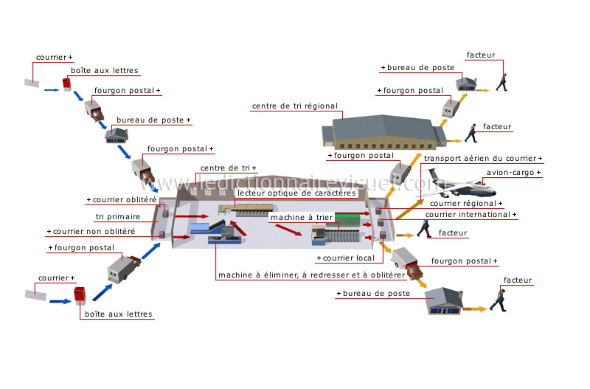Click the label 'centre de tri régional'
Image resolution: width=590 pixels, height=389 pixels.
pos(294,106)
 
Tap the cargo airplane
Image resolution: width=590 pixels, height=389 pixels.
pos(458,184)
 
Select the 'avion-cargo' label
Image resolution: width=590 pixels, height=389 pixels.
pos(510,173)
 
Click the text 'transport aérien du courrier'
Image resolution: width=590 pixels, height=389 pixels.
pos(480,159)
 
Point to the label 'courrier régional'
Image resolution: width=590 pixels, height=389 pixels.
pos(463,204)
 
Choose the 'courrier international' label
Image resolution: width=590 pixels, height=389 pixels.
pos(468,215)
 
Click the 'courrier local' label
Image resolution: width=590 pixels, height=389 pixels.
pos(349,258)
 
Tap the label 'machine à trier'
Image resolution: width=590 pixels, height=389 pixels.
pos(302,218)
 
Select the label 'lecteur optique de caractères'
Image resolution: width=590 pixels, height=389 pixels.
pos(296,193)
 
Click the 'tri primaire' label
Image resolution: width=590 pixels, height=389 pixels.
pos(118,217)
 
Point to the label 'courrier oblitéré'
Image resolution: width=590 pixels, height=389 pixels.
pos(125,200)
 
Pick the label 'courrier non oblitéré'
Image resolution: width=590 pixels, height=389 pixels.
pos(94,232)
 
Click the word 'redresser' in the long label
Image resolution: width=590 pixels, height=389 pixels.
pos(327,275)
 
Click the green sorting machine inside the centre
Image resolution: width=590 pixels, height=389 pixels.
pos(348,219)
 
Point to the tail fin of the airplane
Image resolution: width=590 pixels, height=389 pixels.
pos(432,174)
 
